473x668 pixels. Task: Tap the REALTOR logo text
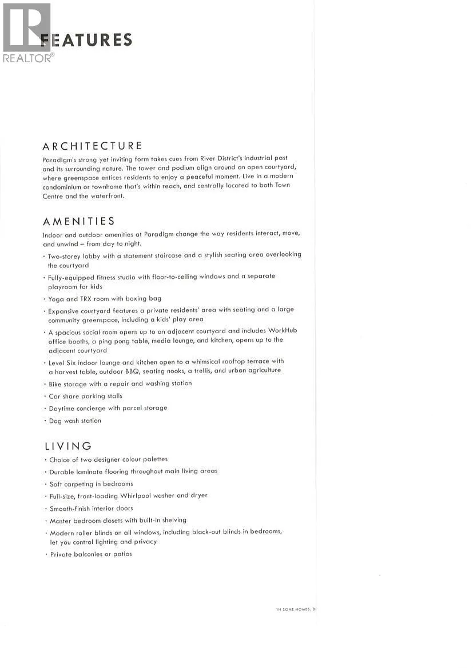pyautogui.click(x=28, y=58)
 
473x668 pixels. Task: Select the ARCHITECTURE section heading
pyautogui.click(x=93, y=146)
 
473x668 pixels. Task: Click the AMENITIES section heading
pyautogui.click(x=79, y=221)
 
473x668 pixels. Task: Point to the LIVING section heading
pyautogui.click(x=68, y=446)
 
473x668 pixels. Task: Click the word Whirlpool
pyautogui.click(x=135, y=495)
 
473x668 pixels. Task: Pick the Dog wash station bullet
pyautogui.click(x=75, y=421)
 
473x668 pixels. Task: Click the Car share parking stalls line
pyautogui.click(x=85, y=395)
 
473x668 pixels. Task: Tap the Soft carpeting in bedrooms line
pyautogui.click(x=91, y=483)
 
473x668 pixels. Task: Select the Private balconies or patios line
pyautogui.click(x=91, y=554)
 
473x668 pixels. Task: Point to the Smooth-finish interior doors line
pyautogui.click(x=91, y=508)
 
